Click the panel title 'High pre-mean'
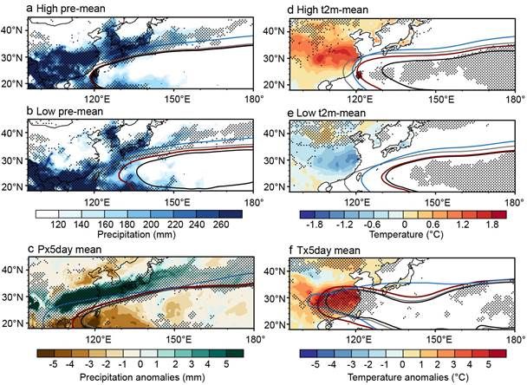(x=70, y=9)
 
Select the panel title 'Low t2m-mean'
(x=331, y=113)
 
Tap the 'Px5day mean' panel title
(x=69, y=250)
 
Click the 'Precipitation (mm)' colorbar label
(x=136, y=234)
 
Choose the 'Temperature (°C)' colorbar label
(x=406, y=234)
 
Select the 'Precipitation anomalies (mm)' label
(x=142, y=377)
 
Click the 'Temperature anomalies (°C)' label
(x=407, y=377)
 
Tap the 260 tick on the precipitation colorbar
(x=221, y=225)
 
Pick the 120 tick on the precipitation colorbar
(x=58, y=225)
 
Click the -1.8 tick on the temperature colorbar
(x=315, y=225)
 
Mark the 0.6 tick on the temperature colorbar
(x=433, y=225)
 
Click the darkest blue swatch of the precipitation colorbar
(x=231, y=214)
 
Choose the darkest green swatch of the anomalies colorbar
(x=235, y=353)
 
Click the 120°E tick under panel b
(x=94, y=202)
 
